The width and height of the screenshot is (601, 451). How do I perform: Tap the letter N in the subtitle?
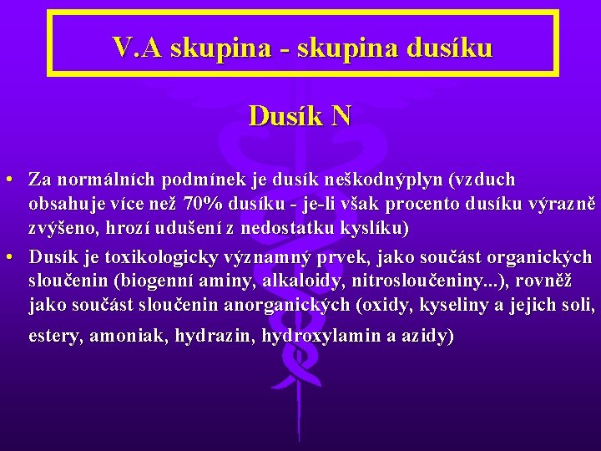[x=341, y=115]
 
